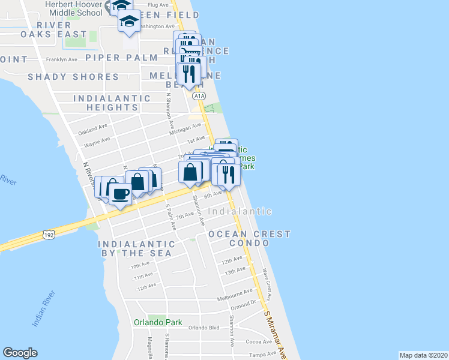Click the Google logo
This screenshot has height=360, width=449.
click(x=20, y=353)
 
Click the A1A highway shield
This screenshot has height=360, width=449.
click(x=199, y=96)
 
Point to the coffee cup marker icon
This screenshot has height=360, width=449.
click(x=120, y=194)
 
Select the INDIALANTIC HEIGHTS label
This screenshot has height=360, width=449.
click(x=112, y=103)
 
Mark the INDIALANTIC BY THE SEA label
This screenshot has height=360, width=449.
click(x=136, y=249)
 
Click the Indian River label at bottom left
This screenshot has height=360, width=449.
click(x=44, y=308)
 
